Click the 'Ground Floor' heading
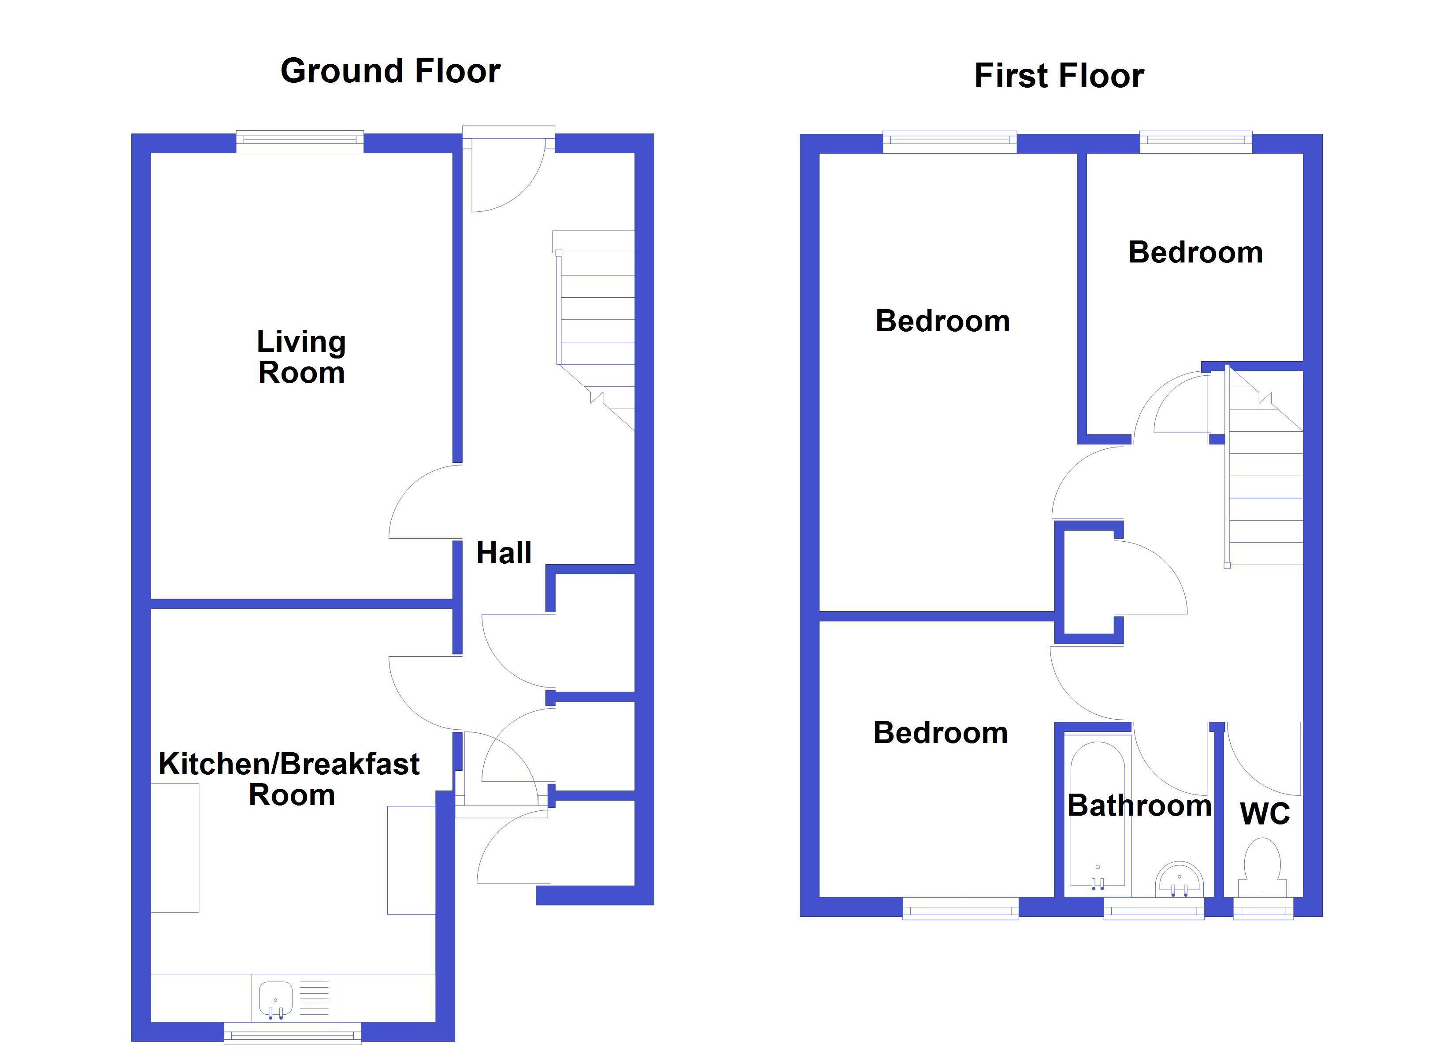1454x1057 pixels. [x=390, y=71]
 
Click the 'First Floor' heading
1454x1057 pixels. [x=1059, y=76]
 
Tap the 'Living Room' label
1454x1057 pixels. [x=301, y=357]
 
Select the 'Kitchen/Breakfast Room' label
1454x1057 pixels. [x=289, y=779]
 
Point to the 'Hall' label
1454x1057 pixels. [x=504, y=553]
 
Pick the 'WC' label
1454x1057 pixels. [x=1265, y=814]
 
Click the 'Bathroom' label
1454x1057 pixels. [x=1139, y=806]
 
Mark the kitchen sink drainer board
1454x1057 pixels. [x=314, y=998]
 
